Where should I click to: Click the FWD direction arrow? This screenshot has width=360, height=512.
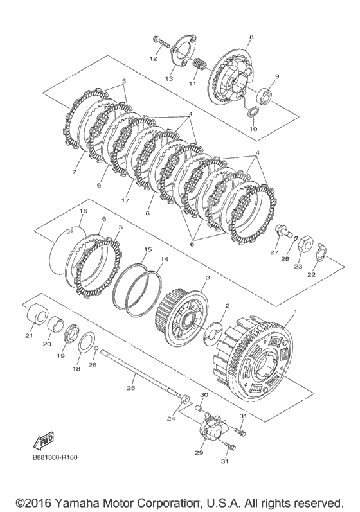click(x=43, y=441)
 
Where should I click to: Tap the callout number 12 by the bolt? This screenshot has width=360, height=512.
click(x=154, y=58)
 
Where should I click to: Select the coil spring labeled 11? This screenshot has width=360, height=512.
click(x=199, y=64)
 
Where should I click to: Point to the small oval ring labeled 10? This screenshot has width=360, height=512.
click(x=253, y=112)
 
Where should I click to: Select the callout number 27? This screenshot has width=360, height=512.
click(x=273, y=252)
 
